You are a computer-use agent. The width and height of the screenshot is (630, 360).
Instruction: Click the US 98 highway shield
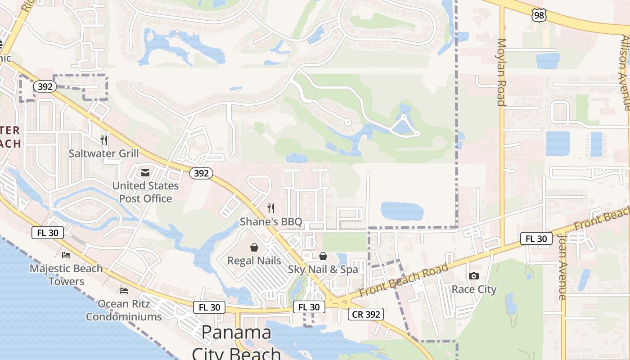(539, 16)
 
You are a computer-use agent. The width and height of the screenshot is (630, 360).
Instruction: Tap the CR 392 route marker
(366, 314)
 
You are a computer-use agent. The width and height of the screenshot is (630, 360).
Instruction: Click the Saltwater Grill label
(104, 153)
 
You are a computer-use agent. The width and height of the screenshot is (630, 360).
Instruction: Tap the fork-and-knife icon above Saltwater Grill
(104, 140)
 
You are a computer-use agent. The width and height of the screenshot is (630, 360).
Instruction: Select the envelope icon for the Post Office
(145, 173)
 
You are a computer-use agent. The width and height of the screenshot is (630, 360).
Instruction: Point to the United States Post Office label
(145, 192)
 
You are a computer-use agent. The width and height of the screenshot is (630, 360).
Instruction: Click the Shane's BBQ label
(271, 221)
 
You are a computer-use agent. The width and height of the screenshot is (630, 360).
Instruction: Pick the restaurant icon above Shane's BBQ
(271, 208)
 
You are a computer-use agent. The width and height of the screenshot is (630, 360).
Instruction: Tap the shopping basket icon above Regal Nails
(254, 247)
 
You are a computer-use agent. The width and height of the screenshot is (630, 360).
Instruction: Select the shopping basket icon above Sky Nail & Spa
(323, 256)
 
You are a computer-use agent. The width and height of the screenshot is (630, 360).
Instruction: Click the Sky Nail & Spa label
(323, 270)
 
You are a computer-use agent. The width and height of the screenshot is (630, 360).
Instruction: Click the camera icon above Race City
(473, 276)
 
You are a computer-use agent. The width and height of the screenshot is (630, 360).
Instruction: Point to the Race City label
(474, 289)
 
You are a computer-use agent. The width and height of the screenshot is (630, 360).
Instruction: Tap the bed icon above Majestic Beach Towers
(66, 255)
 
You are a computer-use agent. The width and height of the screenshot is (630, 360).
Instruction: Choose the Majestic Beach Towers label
(66, 275)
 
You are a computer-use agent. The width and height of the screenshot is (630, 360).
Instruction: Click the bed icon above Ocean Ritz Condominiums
(124, 290)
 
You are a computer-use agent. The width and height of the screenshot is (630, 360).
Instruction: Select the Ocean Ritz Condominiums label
(124, 310)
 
